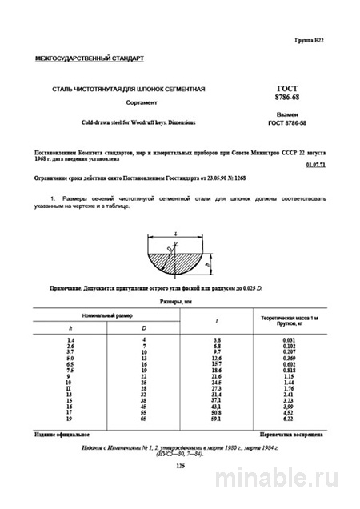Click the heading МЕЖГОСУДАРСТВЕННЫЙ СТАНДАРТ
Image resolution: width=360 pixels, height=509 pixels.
point(88,58)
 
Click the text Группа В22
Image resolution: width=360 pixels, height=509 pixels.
point(310,38)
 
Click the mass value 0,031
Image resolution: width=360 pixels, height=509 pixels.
point(286,341)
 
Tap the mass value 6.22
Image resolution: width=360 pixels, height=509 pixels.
point(286,419)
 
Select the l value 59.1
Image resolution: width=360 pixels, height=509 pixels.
point(217,419)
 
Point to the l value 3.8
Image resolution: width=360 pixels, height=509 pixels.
point(217,341)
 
